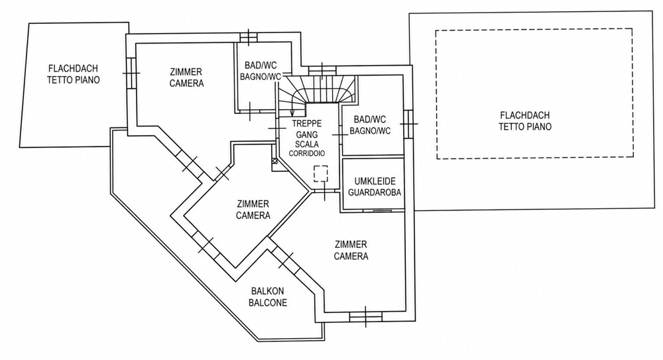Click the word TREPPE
(307, 123)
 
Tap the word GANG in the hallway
(307, 134)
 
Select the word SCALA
(307, 144)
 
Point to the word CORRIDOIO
(307, 153)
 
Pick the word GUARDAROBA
(374, 192)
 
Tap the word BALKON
(268, 292)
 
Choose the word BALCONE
(268, 302)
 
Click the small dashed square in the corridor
(320, 174)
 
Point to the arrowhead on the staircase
(292, 113)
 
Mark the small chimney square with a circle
(274, 160)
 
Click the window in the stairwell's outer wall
(322, 71)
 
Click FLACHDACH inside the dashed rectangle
(524, 115)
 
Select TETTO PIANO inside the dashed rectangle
(524, 127)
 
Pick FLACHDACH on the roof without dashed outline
(73, 68)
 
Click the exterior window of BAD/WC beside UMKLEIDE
(408, 124)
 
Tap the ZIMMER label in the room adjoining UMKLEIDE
(351, 245)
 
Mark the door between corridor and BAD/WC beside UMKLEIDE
(339, 135)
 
